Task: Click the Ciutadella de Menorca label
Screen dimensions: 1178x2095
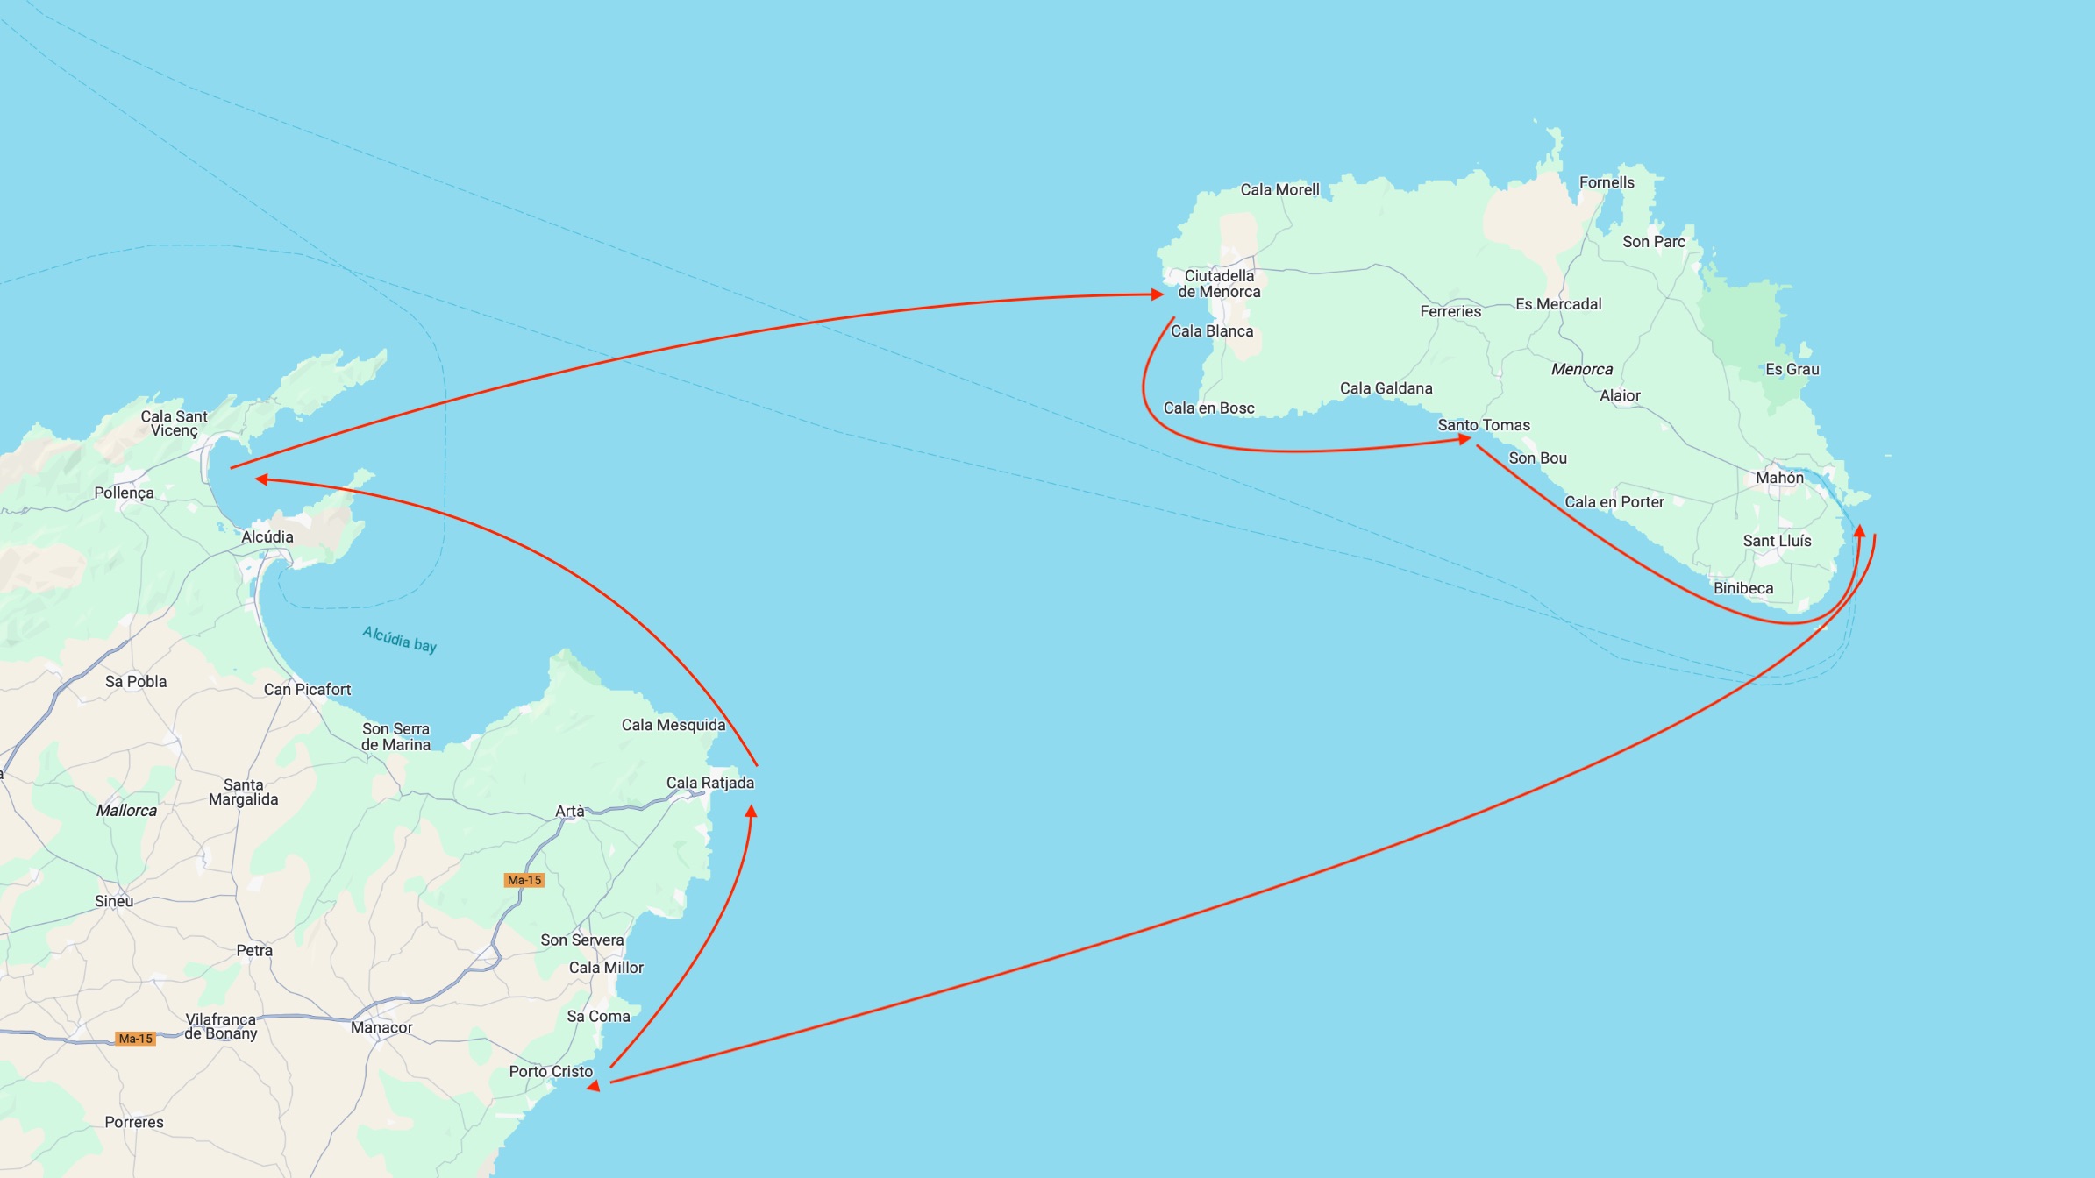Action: click(x=1219, y=284)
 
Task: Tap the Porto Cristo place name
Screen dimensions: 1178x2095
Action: click(x=551, y=1072)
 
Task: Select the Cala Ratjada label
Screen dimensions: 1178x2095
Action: click(x=709, y=783)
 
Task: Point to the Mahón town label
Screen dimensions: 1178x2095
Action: click(x=1779, y=478)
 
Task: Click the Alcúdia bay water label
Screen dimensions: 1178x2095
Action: click(x=400, y=639)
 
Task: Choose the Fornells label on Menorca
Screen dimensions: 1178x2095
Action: click(x=1607, y=182)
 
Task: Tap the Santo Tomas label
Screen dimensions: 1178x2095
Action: click(x=1484, y=425)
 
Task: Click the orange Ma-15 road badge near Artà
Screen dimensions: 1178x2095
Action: click(x=524, y=880)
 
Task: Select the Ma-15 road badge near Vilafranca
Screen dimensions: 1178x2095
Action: click(x=136, y=1039)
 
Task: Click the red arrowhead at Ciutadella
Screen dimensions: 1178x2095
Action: click(x=1158, y=295)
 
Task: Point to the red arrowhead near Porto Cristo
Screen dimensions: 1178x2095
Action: click(x=595, y=1086)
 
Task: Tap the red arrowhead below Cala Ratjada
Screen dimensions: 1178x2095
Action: click(x=751, y=812)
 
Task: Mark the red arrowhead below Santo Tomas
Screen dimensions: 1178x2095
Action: click(x=1464, y=439)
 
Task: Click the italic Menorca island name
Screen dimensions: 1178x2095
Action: click(x=1581, y=370)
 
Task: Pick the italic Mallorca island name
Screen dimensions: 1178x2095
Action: click(x=126, y=811)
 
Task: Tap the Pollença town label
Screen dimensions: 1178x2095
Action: click(x=124, y=493)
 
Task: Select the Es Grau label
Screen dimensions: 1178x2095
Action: click(x=1792, y=370)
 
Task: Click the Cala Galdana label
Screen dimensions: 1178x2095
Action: click(x=1386, y=388)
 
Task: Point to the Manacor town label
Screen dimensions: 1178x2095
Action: click(x=381, y=1027)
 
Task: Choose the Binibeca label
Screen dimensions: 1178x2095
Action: click(x=1742, y=588)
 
